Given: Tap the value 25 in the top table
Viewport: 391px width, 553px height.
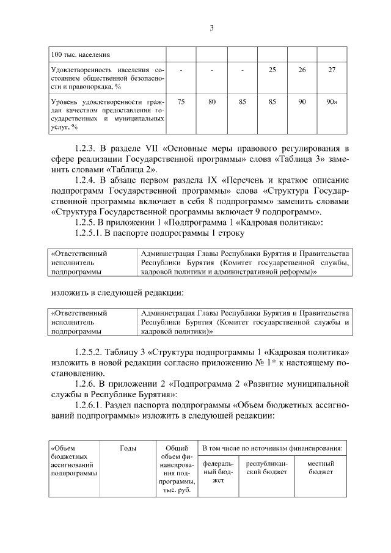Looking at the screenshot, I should [x=272, y=70].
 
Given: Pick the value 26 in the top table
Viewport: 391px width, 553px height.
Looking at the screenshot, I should [x=302, y=70].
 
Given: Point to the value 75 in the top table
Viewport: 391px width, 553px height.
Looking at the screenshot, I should [x=181, y=102].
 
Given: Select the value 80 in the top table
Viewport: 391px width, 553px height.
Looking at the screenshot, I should [x=211, y=102].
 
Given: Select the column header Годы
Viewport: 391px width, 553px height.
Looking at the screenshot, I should [x=128, y=448].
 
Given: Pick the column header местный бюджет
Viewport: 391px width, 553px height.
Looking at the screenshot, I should [x=320, y=468].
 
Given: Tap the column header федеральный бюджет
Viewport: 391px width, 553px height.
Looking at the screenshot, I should [x=218, y=472].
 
